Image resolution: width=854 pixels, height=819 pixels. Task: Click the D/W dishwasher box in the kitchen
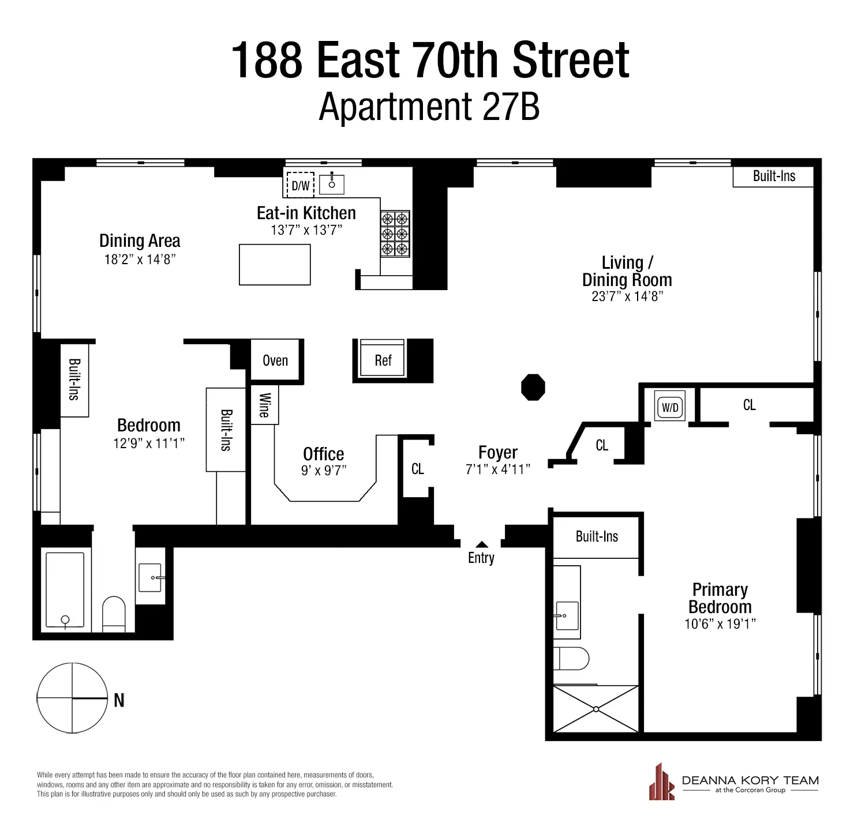tap(300, 185)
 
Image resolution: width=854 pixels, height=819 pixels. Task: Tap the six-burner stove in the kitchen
tap(395, 234)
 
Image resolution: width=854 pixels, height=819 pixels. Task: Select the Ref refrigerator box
tap(383, 360)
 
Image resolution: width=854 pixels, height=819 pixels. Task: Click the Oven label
tap(275, 360)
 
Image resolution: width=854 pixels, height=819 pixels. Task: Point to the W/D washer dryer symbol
tap(670, 407)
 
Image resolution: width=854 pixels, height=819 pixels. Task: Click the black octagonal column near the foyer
tap(533, 387)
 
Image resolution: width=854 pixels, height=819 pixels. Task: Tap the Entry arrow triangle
tap(482, 544)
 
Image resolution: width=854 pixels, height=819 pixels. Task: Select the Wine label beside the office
tap(264, 405)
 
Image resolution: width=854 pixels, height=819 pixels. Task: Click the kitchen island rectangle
tap(275, 265)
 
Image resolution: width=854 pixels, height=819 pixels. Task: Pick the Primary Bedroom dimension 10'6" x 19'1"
tap(720, 624)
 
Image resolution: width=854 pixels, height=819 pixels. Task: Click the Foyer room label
tap(497, 452)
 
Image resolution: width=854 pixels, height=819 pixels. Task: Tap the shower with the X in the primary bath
tap(595, 709)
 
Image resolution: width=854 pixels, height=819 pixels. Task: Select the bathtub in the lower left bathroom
tap(65, 590)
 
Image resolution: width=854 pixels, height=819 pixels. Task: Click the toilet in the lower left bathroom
tap(114, 613)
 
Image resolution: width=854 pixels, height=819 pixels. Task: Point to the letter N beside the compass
tap(119, 700)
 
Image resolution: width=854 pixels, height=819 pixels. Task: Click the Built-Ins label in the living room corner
tap(773, 176)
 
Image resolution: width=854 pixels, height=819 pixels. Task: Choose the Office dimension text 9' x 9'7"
tap(324, 471)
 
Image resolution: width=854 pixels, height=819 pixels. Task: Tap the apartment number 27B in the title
tap(510, 107)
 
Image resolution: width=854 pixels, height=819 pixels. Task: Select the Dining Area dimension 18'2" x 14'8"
tap(140, 260)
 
